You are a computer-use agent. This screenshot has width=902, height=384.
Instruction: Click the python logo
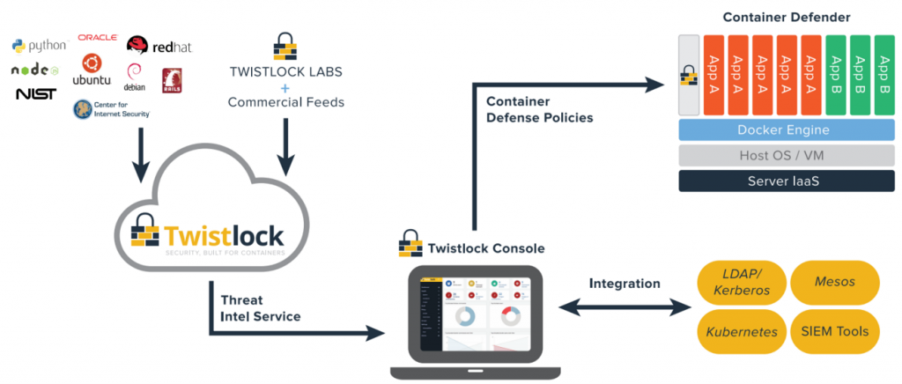point(39,45)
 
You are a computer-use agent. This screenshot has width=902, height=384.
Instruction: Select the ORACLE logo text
point(98,37)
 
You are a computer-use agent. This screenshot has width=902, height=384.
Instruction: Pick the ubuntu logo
point(92,70)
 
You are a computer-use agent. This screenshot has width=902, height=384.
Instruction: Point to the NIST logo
point(35,93)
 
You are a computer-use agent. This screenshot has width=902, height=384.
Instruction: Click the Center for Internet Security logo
point(111,109)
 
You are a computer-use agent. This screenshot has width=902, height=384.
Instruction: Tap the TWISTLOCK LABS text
point(285,70)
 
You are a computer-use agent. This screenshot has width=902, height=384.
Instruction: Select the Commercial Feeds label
point(285,102)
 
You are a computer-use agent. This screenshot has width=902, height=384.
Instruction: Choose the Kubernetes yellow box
point(738,332)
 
